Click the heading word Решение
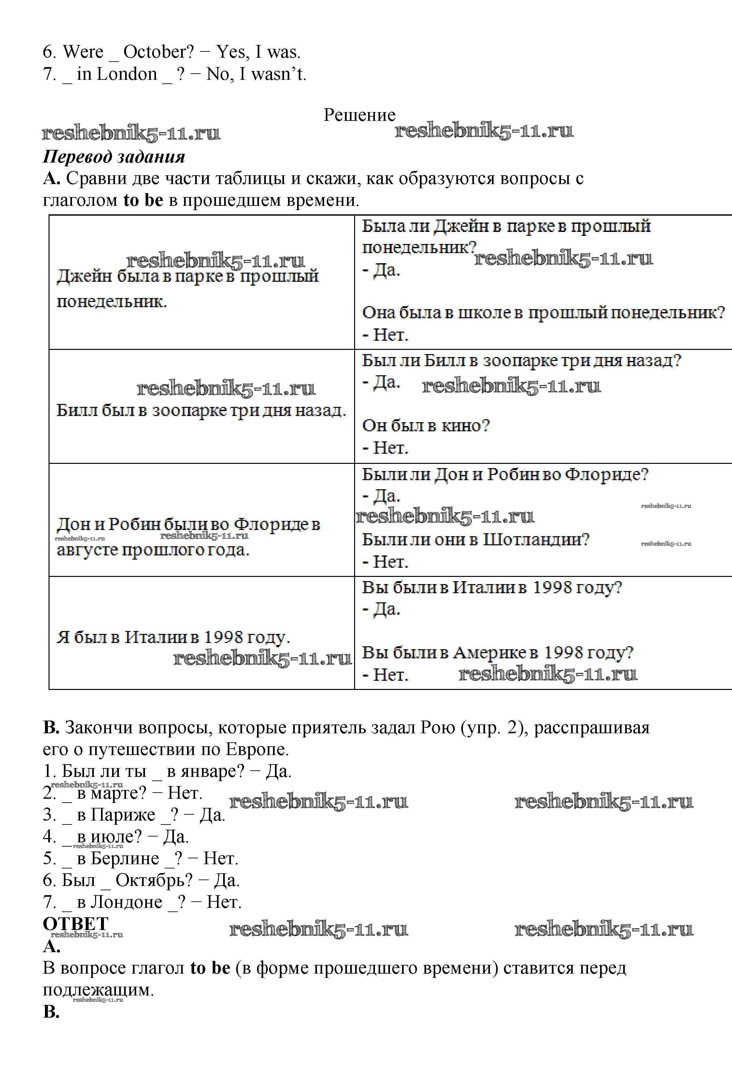[x=359, y=115]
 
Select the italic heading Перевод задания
[x=114, y=157]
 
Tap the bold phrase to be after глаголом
[x=143, y=200]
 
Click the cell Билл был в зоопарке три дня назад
[x=201, y=410]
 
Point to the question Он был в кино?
[x=425, y=425]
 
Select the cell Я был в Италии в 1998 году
[x=173, y=637]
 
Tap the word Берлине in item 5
[x=125, y=858]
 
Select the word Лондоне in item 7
[x=126, y=902]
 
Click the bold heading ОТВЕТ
[x=75, y=924]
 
